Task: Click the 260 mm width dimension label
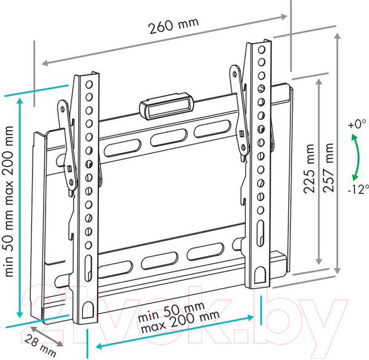(x=173, y=25)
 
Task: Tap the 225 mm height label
(x=309, y=168)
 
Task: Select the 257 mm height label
(x=328, y=168)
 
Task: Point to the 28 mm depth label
(x=40, y=346)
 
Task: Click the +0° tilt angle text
(x=357, y=124)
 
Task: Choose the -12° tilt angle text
(x=358, y=189)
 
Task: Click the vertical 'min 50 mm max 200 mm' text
(x=9, y=202)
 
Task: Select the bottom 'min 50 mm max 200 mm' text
(x=179, y=318)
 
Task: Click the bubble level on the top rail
(x=166, y=106)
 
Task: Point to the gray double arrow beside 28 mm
(x=47, y=336)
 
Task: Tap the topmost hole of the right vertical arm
(x=261, y=50)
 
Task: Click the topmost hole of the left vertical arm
(x=89, y=84)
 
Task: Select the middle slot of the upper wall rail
(x=169, y=138)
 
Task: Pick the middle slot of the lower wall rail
(x=159, y=260)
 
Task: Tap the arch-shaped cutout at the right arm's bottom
(x=260, y=275)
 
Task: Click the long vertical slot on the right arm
(x=260, y=233)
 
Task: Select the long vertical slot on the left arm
(x=88, y=268)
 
